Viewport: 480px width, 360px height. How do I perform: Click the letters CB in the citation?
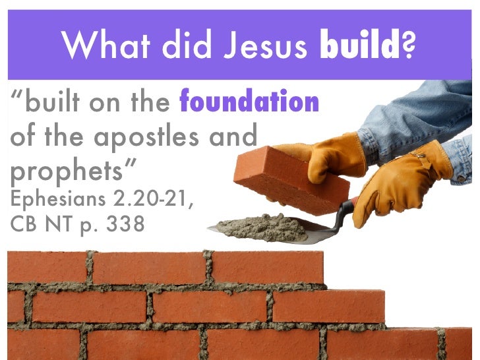tap(26, 225)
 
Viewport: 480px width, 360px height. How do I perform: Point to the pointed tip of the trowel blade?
tap(209, 229)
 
